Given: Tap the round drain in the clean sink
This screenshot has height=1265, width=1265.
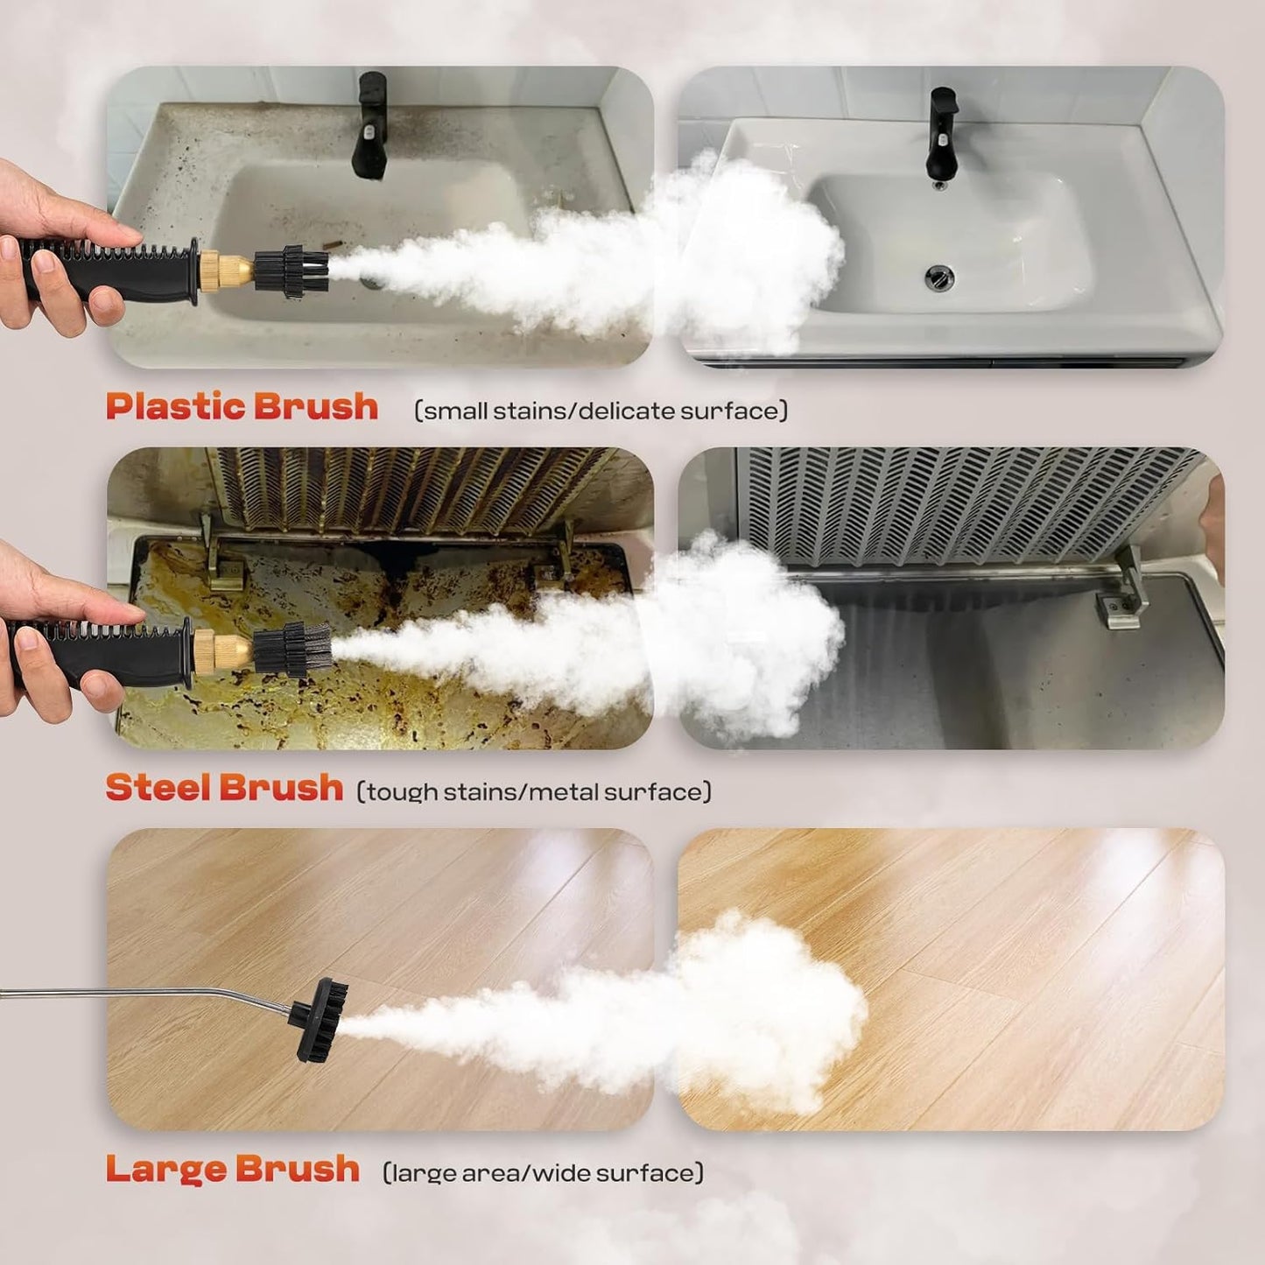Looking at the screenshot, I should pyautogui.click(x=936, y=278).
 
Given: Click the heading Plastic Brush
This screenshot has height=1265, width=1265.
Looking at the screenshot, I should pyautogui.click(x=242, y=408).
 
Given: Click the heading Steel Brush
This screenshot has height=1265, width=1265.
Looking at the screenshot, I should pyautogui.click(x=224, y=789).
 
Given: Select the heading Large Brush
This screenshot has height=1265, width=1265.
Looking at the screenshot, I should pyautogui.click(x=233, y=1170).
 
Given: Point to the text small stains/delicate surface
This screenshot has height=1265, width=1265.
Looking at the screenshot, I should pyautogui.click(x=601, y=411).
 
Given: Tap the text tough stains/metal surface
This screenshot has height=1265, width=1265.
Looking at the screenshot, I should pyautogui.click(x=534, y=792).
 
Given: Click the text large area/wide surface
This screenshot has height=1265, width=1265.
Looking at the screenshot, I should pyautogui.click(x=543, y=1173).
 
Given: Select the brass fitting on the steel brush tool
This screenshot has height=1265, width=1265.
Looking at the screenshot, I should pyautogui.click(x=222, y=649).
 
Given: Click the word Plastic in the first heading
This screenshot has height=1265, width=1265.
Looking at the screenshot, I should pyautogui.click(x=175, y=408).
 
